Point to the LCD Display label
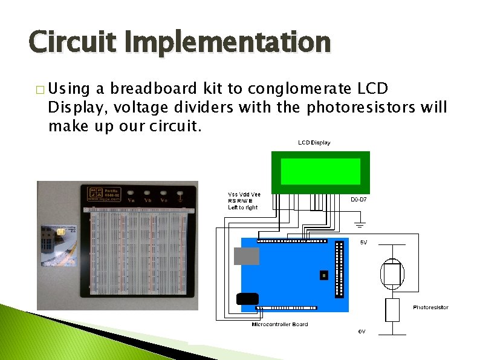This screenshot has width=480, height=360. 314,143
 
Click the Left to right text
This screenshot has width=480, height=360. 242,208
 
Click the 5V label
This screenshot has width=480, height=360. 364,242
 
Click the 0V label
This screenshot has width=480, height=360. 362,332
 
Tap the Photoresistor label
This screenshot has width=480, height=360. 430,307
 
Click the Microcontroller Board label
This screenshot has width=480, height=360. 279,324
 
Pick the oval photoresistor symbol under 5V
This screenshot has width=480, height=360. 392,273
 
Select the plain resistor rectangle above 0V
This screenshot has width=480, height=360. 392,310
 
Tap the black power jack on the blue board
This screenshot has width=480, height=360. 248,298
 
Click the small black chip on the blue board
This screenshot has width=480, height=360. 323,275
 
